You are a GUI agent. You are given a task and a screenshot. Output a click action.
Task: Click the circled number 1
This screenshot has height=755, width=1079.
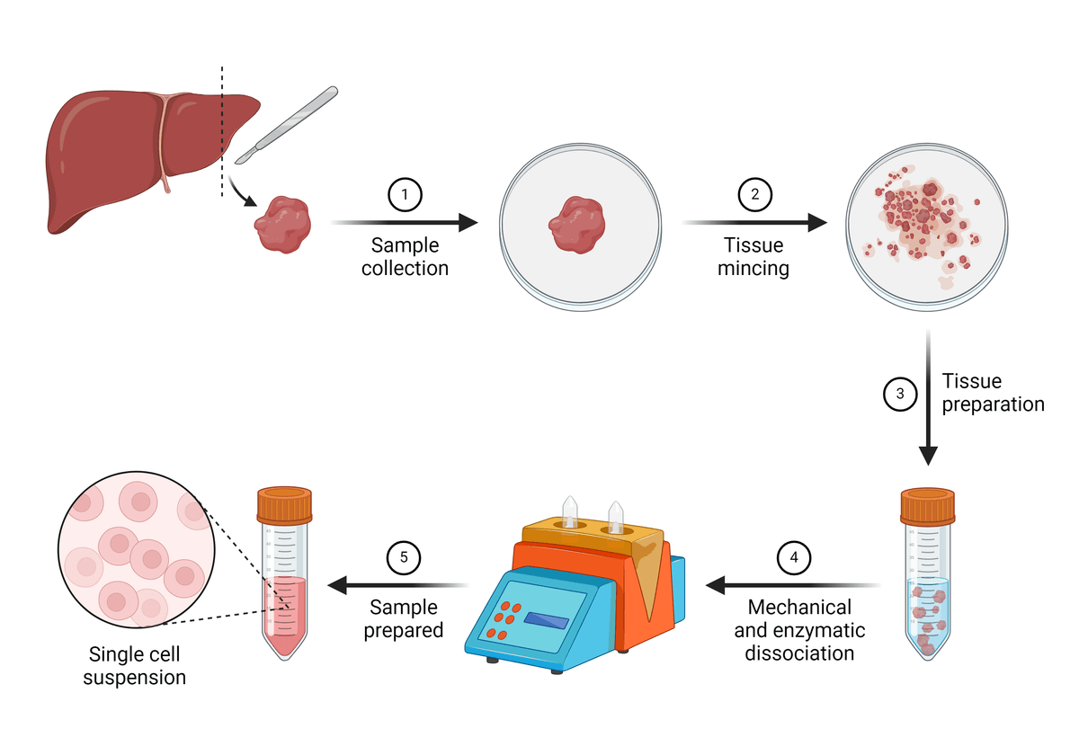(x=405, y=194)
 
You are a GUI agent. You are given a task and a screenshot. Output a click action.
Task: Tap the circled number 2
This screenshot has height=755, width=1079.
(x=754, y=194)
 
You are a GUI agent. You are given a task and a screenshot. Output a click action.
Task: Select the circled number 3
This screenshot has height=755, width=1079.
(x=900, y=393)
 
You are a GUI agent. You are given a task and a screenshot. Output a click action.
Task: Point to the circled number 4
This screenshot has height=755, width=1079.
(x=793, y=558)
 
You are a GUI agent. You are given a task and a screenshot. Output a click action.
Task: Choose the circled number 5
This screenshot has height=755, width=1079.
(x=404, y=558)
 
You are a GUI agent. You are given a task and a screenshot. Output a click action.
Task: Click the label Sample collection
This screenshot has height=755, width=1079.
(x=405, y=256)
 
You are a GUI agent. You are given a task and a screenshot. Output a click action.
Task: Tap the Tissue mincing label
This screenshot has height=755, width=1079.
(x=754, y=256)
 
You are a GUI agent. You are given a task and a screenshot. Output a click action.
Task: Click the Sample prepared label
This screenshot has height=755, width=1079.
(x=404, y=618)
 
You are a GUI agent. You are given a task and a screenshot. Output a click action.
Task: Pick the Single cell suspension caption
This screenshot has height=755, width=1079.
(x=135, y=666)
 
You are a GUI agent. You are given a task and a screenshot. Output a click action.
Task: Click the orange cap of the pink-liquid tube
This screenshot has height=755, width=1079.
(x=284, y=505)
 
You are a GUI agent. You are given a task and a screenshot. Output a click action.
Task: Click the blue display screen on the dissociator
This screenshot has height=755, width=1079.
(x=547, y=619)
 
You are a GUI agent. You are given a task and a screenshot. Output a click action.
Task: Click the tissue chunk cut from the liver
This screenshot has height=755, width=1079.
(x=283, y=225)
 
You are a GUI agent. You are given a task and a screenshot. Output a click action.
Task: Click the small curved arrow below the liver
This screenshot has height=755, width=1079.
(x=239, y=191)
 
